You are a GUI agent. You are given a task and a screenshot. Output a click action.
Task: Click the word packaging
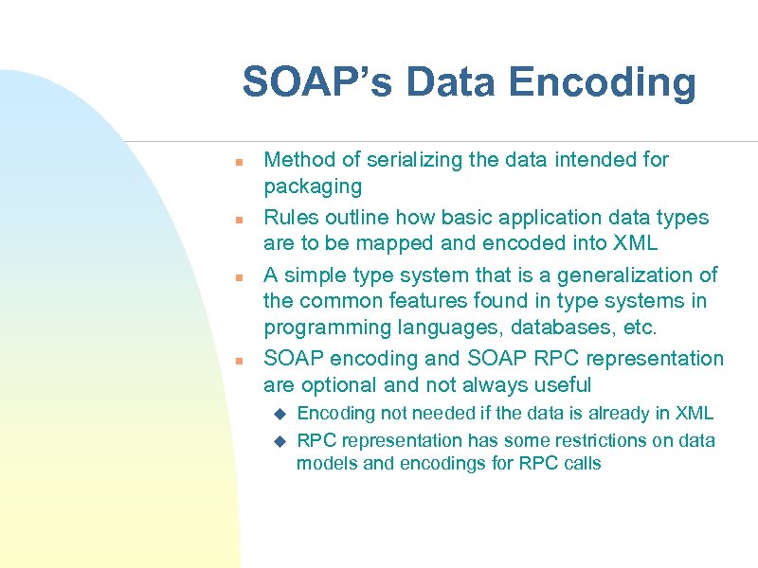[x=313, y=186]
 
